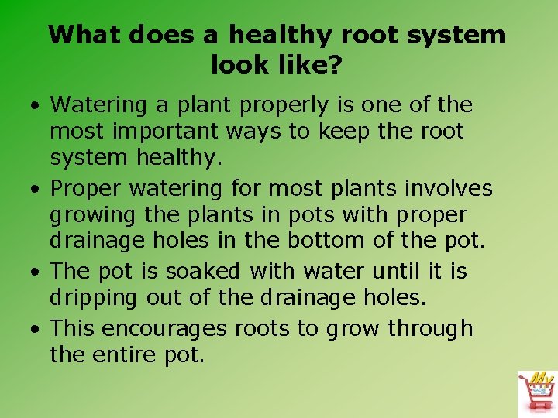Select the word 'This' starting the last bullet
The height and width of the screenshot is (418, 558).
pos(72,329)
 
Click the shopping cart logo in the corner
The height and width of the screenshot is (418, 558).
pos(536,392)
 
